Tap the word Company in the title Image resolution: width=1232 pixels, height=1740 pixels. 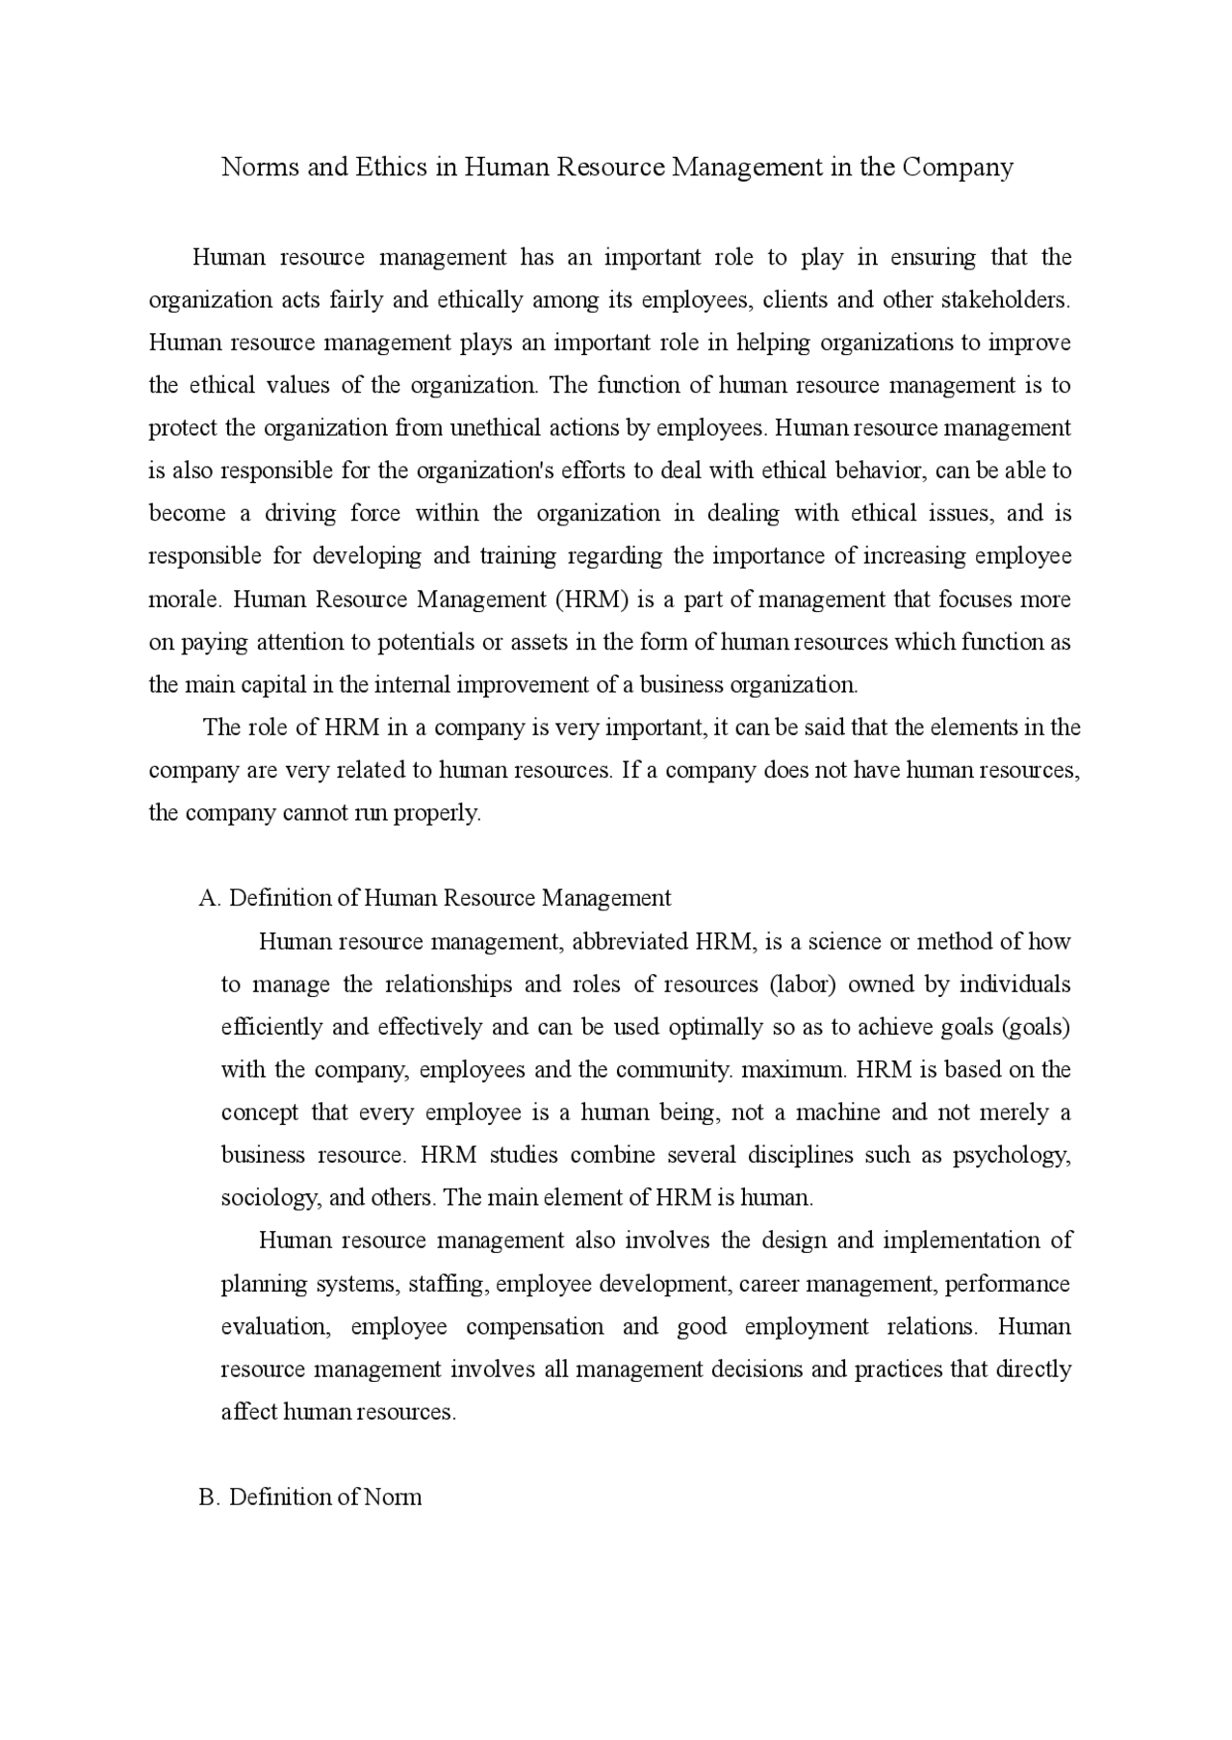(958, 167)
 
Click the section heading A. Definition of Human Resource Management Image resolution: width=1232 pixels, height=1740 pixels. (435, 898)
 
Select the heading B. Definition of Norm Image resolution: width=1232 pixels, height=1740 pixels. (310, 1497)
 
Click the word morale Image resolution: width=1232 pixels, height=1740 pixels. (185, 600)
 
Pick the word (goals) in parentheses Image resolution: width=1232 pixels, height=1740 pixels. (1036, 1027)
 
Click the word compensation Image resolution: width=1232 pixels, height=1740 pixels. (535, 1327)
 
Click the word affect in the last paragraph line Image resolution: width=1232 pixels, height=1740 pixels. (249, 1413)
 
